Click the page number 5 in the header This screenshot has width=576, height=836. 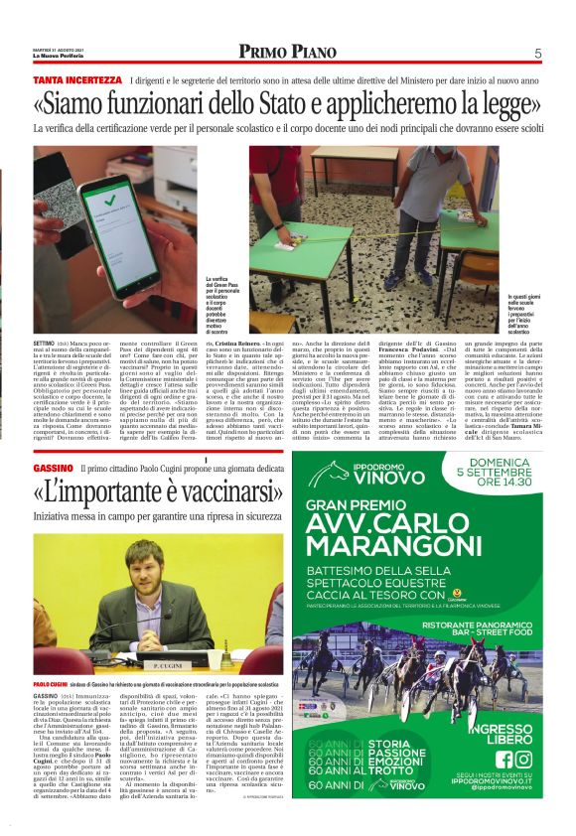tap(537, 53)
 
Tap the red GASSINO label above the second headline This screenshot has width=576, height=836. tap(54, 466)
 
